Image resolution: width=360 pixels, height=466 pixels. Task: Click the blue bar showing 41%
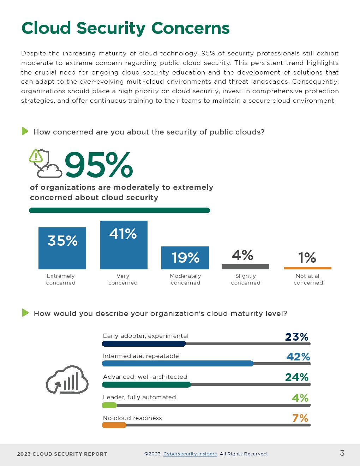pos(124,245)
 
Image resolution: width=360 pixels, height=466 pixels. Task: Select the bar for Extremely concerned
pos(62,248)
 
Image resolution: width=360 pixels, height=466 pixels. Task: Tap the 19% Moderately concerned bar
pos(185,258)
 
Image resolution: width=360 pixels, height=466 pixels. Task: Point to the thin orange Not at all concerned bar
pos(308,268)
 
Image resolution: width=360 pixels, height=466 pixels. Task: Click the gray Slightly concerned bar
pos(245,267)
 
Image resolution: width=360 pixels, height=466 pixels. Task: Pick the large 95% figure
pos(99,165)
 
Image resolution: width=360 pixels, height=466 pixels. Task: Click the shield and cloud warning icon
pos(45,163)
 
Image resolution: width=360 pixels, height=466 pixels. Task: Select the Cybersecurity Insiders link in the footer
pos(190,454)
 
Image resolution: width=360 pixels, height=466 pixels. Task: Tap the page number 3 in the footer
pos(342,453)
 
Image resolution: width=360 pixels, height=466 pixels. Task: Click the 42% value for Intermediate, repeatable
pos(298,357)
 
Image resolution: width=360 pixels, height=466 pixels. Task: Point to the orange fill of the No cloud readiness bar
pos(114,425)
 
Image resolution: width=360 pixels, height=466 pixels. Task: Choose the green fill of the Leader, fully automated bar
pos(109,405)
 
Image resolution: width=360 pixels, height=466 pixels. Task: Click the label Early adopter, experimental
pos(145,336)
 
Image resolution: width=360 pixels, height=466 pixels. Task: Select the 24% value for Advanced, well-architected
pos(297,377)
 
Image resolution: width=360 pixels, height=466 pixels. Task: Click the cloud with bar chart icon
pos(67,380)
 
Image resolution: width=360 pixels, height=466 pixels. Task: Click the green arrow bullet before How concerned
pos(25,131)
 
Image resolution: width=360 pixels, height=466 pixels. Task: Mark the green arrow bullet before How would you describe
pos(25,313)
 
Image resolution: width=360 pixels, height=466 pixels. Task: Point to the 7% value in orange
pos(300,418)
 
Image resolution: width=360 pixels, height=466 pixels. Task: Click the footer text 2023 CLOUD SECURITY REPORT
pos(62,454)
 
